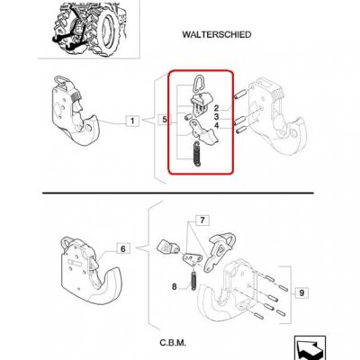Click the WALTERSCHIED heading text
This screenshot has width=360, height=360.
click(217, 34)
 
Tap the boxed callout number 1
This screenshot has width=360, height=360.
click(132, 121)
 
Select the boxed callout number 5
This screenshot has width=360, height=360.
click(165, 120)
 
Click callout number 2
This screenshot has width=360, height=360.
click(217, 109)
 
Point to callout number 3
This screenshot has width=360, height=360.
click(217, 117)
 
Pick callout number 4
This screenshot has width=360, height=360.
click(217, 126)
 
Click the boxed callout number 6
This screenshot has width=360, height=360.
click(123, 249)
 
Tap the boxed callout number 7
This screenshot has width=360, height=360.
click(202, 220)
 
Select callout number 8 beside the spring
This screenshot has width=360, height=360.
click(175, 287)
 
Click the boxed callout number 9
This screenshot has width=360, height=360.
click(301, 292)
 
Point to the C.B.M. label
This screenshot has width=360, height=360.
click(173, 343)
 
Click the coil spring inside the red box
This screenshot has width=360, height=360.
click(196, 154)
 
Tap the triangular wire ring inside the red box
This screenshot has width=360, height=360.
click(197, 82)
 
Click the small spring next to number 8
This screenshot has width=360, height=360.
click(194, 279)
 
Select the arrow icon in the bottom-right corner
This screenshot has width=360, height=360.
click(310, 347)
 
